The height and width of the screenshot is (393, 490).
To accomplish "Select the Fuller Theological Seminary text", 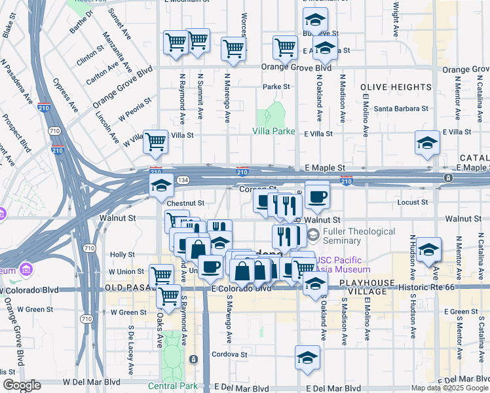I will [360, 236].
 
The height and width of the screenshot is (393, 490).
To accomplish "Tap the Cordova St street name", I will [229, 354].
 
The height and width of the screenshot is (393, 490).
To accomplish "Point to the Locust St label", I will [412, 202].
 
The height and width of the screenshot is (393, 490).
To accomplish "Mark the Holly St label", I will [122, 254].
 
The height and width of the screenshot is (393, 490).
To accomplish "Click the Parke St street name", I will [276, 86].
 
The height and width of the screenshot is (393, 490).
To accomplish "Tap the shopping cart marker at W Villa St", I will [155, 141].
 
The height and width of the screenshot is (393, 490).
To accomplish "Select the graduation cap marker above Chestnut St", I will [161, 186].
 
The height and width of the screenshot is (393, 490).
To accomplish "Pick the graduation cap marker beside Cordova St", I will [307, 357].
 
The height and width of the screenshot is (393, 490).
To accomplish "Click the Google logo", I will [22, 385].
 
